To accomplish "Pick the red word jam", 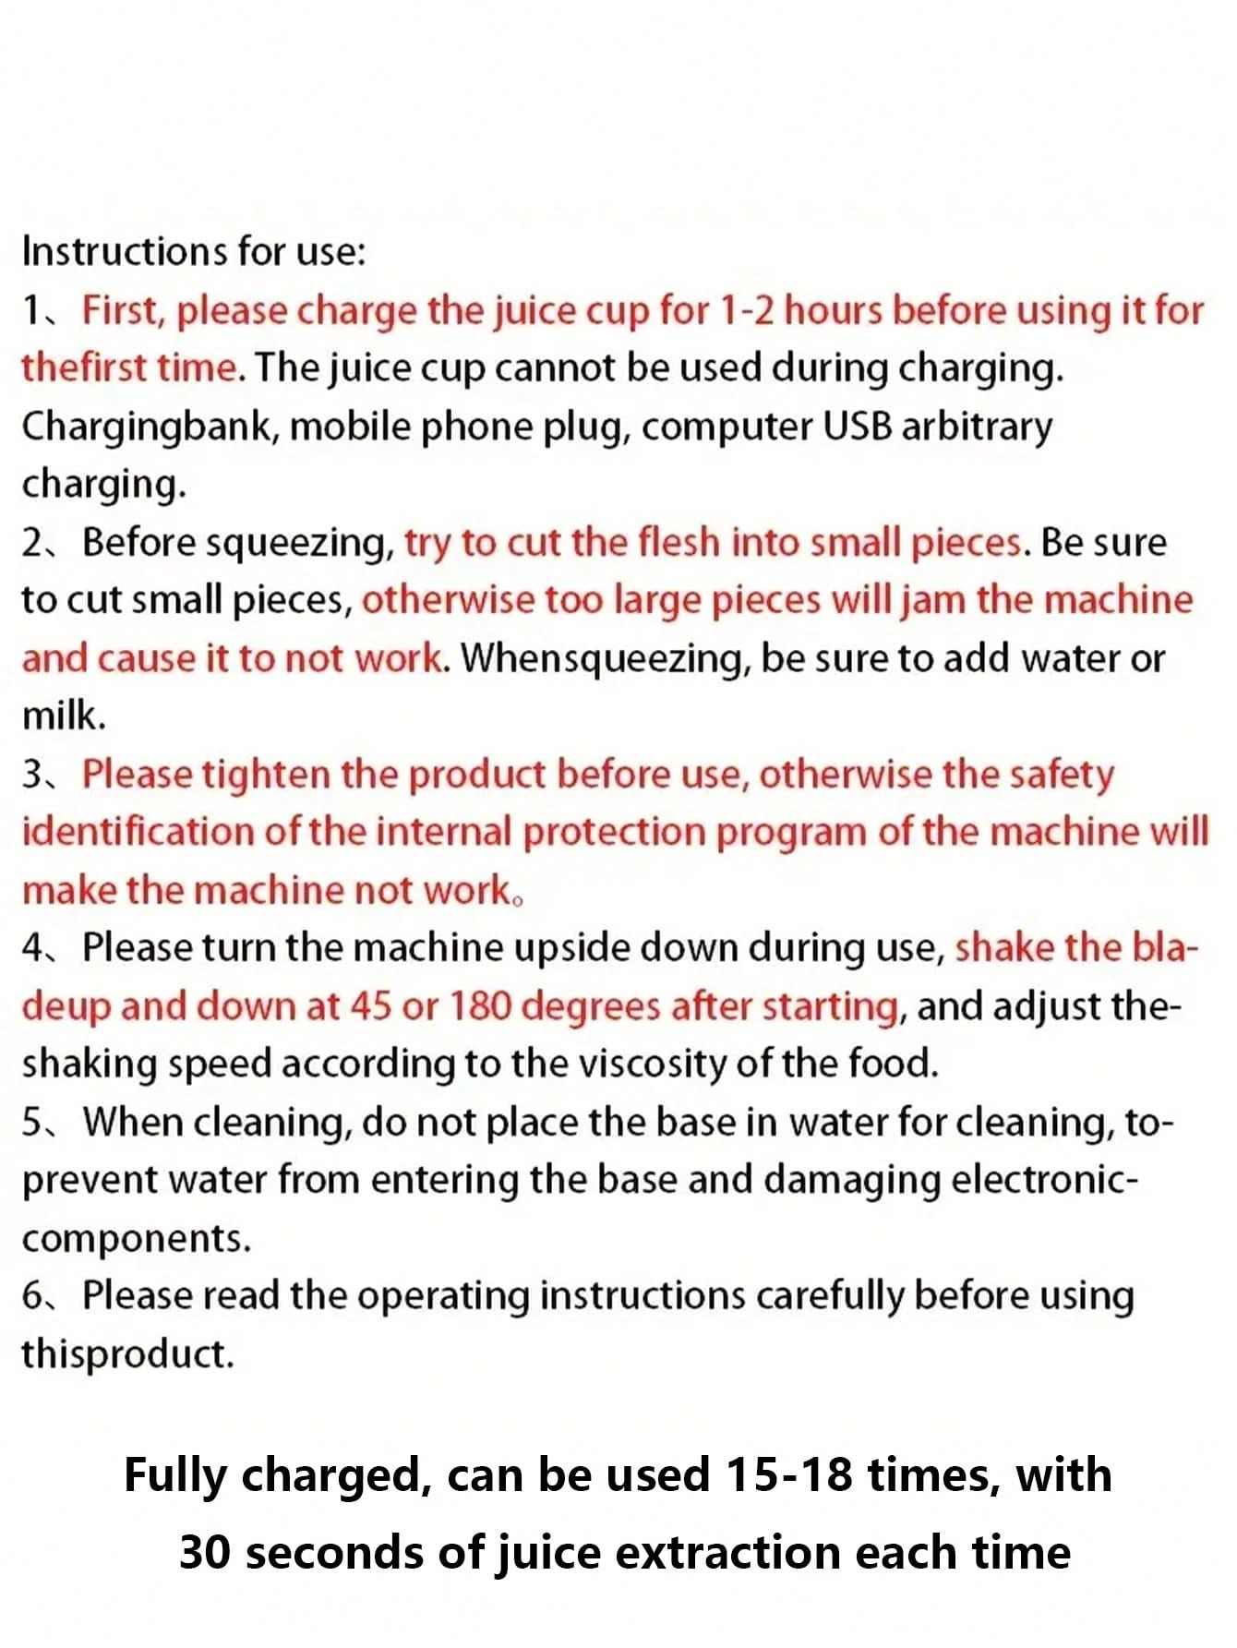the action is [934, 602].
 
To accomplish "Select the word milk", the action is [64, 716].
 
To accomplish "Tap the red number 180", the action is [479, 1006].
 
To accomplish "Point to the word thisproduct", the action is [127, 1355].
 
